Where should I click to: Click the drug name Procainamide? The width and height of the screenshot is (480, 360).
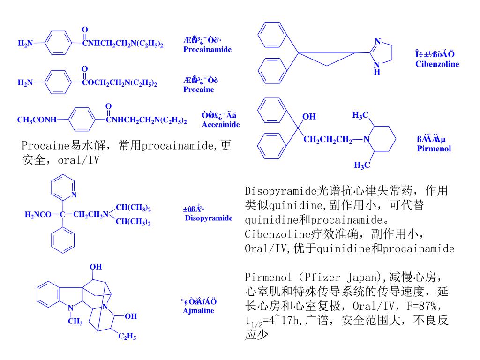[x=207, y=49]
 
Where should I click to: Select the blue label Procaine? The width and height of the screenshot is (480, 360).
[x=198, y=90]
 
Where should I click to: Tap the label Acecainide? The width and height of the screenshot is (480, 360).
[x=221, y=124]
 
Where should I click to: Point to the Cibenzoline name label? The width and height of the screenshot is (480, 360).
[x=437, y=64]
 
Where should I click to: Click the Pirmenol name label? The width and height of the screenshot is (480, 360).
[x=434, y=149]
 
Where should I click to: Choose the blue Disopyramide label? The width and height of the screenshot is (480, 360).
[x=209, y=218]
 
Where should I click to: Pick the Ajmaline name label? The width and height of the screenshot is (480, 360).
[x=198, y=310]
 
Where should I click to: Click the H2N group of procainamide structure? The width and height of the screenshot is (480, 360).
[x=25, y=44]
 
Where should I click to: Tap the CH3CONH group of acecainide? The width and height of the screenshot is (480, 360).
[x=36, y=120]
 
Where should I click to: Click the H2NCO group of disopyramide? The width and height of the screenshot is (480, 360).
[x=37, y=215]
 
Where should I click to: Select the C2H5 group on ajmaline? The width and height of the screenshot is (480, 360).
[x=127, y=337]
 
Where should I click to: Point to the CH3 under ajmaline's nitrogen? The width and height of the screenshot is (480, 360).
[x=75, y=322]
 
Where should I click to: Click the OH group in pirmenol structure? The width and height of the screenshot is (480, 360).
[x=309, y=116]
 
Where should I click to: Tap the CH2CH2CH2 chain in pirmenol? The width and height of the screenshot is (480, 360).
[x=328, y=139]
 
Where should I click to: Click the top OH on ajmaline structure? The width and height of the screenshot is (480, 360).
[x=96, y=267]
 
